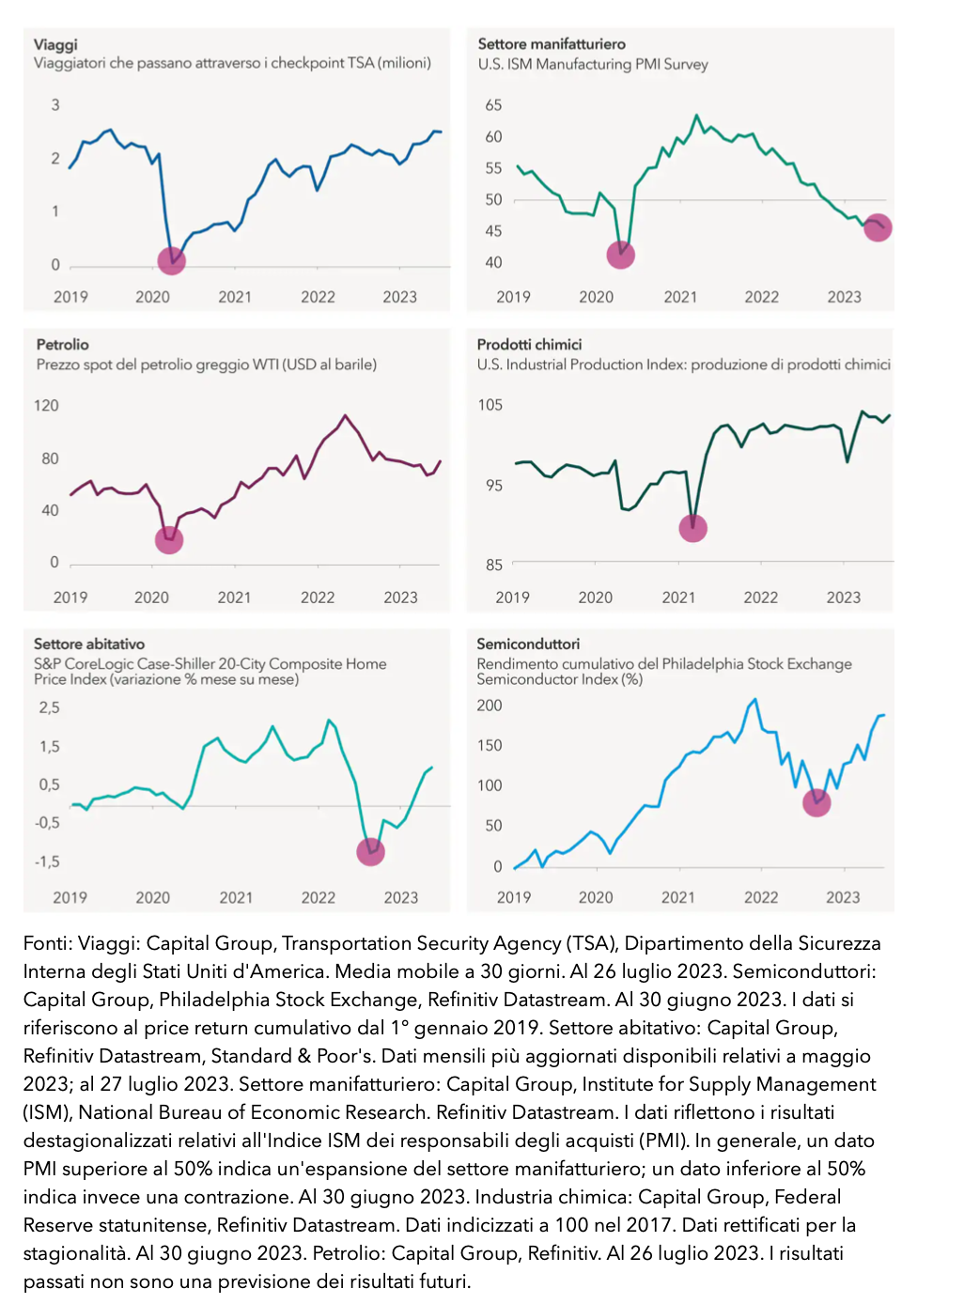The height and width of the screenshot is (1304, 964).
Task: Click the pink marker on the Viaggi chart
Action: coord(171,260)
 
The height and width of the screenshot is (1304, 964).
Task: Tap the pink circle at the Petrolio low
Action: coord(169,539)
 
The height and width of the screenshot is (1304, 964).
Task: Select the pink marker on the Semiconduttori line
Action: coord(816,802)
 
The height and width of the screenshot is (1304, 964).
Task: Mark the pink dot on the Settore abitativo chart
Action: coord(371,851)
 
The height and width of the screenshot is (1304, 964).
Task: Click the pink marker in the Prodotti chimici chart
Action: coord(692,528)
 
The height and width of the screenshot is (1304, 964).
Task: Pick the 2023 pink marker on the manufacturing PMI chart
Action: coord(877,227)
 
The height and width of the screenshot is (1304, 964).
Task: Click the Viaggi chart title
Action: coord(55,44)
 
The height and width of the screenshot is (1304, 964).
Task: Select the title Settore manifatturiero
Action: coord(552,44)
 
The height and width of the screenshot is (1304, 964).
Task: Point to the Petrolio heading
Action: coord(63,345)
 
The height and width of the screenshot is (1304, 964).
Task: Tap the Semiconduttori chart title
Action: coord(528,644)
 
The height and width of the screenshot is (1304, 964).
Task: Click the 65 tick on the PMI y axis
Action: coord(493,105)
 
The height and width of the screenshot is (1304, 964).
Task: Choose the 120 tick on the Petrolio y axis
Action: coord(46,406)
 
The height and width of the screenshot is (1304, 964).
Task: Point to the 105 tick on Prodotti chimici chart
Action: coord(490,405)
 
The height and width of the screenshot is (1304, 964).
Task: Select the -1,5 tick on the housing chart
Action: coord(47,862)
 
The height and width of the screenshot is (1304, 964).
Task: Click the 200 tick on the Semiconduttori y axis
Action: coord(490,706)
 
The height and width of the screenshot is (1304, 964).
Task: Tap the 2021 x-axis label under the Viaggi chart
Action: coord(235,297)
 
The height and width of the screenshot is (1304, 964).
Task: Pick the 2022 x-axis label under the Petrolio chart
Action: coord(318,598)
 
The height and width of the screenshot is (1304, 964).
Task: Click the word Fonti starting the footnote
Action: coord(46,943)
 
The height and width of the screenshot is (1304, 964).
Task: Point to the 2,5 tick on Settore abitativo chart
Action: coord(49,707)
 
